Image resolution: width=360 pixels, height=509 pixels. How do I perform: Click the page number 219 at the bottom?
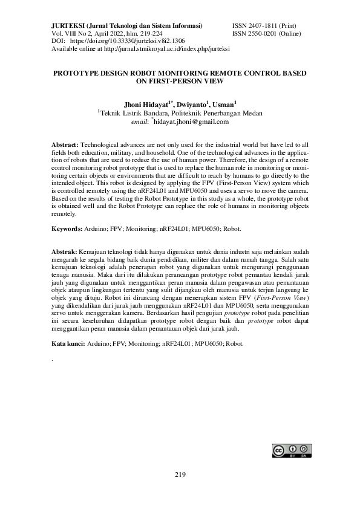pos(180,474)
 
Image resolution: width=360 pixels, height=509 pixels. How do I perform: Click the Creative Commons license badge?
pos(292,452)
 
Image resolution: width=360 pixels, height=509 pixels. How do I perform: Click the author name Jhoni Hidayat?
pos(148,104)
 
